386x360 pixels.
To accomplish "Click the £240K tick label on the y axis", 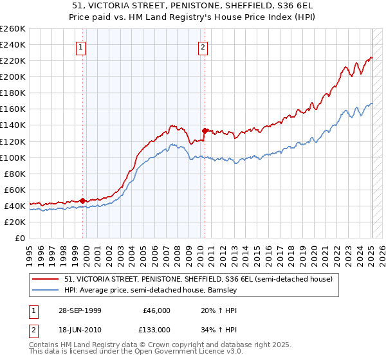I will click(13, 44).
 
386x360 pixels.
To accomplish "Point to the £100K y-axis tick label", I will click(13, 157).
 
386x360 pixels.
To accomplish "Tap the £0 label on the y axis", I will click(19, 238).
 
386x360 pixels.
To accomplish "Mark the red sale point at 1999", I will click(83, 201).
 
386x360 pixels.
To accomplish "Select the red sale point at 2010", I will click(204, 130).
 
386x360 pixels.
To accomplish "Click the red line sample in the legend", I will click(46, 280).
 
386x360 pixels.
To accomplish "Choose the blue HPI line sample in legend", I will click(46, 291).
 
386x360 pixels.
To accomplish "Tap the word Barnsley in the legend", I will click(222, 291).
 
